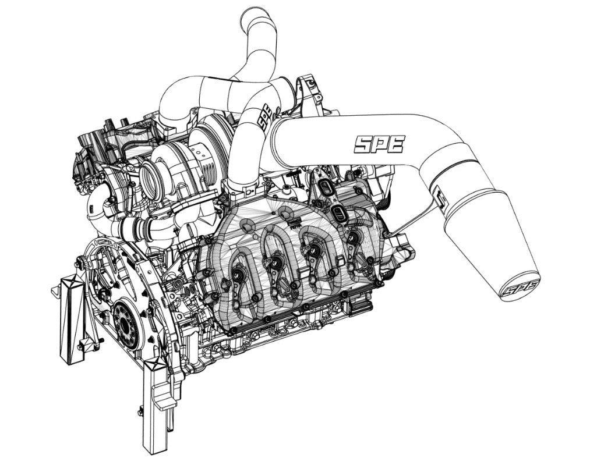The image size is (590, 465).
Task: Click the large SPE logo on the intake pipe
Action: coord(379,144)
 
